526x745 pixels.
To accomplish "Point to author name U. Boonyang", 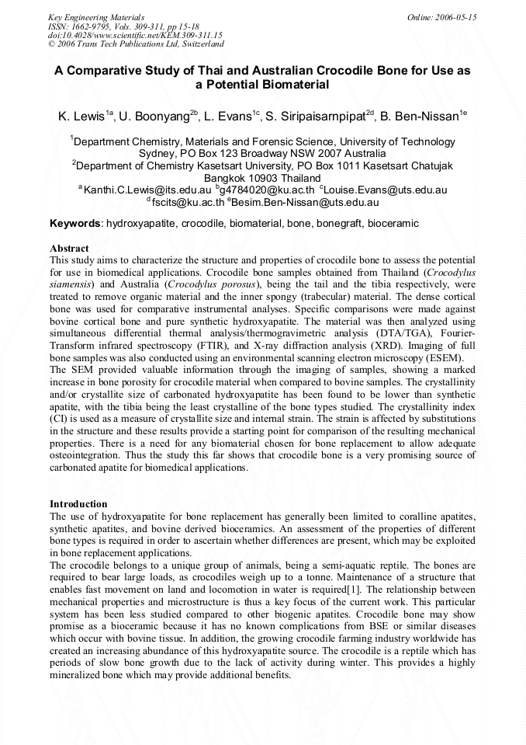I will (164, 117).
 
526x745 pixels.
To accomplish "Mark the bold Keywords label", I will (74, 224).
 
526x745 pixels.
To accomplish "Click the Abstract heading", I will (69, 248).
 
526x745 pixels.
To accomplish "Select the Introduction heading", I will (78, 504).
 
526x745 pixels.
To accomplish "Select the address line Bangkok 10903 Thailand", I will (262, 178).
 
